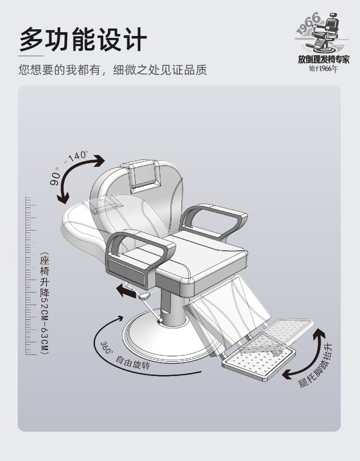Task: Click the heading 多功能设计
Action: pos(83,38)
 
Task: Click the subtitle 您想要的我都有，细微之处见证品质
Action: pos(112,70)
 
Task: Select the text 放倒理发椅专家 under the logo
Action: pos(324,60)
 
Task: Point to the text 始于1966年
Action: pos(324,69)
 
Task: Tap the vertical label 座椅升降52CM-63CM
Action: pos(45,303)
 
